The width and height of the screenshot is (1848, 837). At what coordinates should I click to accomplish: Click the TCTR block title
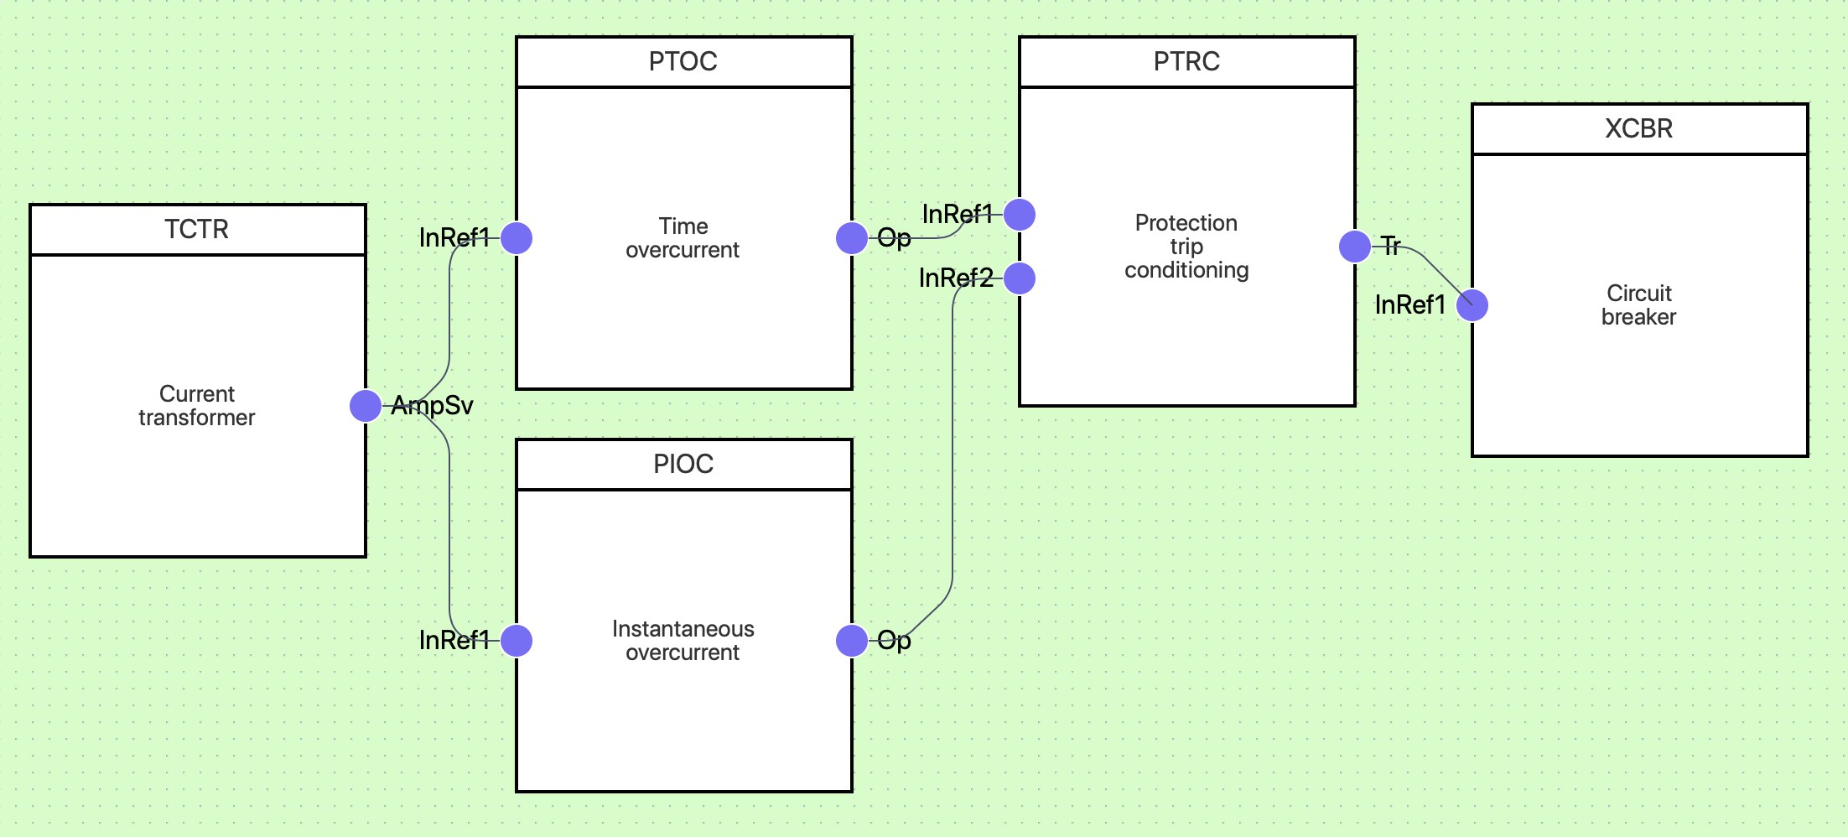[x=196, y=229]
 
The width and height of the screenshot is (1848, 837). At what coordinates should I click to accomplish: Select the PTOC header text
[x=683, y=61]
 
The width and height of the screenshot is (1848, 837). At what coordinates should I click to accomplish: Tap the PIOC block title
[x=683, y=464]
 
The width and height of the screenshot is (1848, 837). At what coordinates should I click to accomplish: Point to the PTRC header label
[x=1186, y=61]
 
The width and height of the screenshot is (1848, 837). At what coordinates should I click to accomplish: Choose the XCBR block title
[x=1639, y=128]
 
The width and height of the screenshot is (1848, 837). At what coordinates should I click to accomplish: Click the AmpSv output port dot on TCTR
[x=366, y=406]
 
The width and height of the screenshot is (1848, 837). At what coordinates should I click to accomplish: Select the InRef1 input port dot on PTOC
[x=517, y=238]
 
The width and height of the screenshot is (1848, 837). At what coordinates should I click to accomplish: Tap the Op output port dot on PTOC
[x=852, y=238]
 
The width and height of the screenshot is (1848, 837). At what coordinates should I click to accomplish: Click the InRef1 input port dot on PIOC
[x=517, y=641]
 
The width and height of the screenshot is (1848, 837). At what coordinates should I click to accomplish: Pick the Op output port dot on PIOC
[x=852, y=641]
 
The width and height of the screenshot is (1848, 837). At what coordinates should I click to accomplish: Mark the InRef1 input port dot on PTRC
[x=1020, y=215]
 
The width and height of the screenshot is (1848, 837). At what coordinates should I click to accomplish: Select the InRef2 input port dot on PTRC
[x=1020, y=278]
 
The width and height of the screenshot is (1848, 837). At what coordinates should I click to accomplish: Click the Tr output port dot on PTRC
[x=1355, y=247]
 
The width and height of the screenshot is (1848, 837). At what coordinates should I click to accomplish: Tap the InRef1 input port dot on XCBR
[x=1472, y=305]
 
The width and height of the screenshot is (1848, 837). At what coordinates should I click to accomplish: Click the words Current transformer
[x=197, y=406]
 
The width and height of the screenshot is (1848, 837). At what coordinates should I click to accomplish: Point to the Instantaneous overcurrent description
[x=683, y=641]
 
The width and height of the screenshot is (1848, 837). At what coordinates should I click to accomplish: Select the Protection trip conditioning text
[x=1186, y=247]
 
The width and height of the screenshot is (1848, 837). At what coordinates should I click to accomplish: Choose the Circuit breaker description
[x=1639, y=305]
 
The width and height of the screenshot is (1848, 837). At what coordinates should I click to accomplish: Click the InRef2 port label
[x=956, y=278]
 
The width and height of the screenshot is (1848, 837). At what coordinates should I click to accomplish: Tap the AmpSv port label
[x=432, y=406]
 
